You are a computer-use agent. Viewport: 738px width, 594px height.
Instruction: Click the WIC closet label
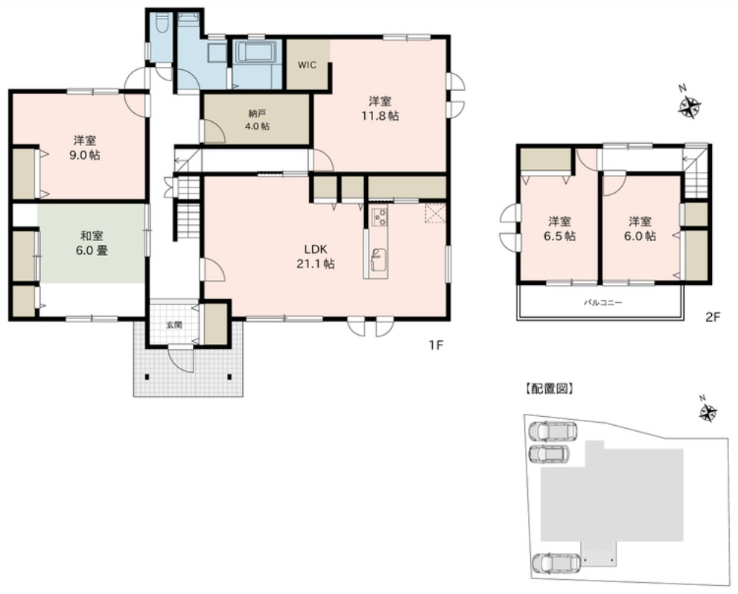308,65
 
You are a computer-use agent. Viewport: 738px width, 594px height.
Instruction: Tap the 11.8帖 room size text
378,116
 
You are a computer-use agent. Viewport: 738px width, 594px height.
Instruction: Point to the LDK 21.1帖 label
318,255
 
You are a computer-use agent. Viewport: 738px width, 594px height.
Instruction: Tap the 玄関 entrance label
173,325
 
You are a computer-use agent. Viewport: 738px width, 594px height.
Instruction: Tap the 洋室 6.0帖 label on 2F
641,229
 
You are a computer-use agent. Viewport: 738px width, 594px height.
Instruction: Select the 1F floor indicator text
436,345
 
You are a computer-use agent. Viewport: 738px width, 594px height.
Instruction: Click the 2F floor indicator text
713,316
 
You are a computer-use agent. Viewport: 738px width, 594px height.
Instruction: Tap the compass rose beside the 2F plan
690,107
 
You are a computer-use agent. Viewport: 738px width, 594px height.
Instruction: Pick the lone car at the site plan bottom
555,563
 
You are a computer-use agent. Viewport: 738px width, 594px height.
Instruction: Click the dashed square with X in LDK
434,214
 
